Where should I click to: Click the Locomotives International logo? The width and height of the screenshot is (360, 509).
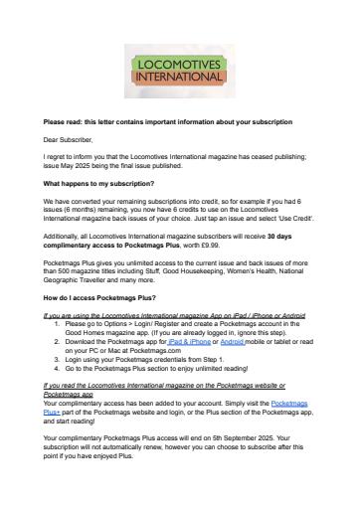(179, 69)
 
